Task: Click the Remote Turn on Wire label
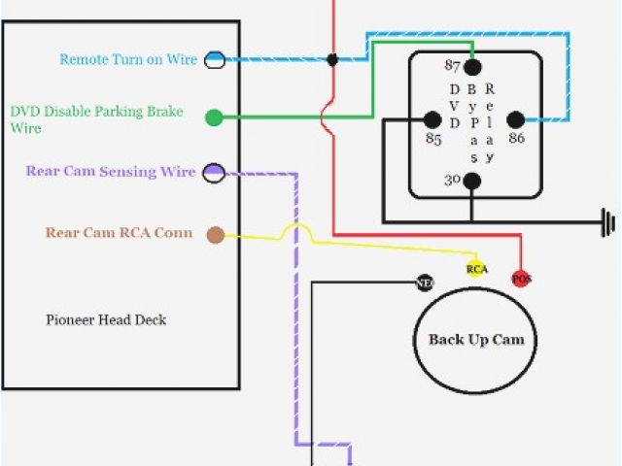click(x=128, y=59)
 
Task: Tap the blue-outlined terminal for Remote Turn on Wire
click(x=215, y=59)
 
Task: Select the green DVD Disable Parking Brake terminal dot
click(x=214, y=118)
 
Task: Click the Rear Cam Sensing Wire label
click(x=110, y=172)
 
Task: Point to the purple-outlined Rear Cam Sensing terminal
click(x=215, y=173)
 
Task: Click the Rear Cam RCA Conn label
click(x=119, y=233)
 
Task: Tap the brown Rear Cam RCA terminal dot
click(x=215, y=234)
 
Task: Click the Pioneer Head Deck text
click(x=106, y=319)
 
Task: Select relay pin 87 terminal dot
click(x=472, y=67)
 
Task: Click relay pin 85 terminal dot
click(x=431, y=119)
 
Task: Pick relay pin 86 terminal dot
click(x=515, y=119)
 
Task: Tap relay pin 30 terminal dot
click(x=472, y=181)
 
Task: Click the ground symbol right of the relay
click(x=609, y=221)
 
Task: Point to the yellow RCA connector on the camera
click(x=476, y=269)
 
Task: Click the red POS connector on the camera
click(x=522, y=279)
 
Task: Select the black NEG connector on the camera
click(x=424, y=283)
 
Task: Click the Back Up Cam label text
click(x=476, y=340)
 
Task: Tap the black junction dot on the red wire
click(x=332, y=59)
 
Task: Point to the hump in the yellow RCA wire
click(x=296, y=232)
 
